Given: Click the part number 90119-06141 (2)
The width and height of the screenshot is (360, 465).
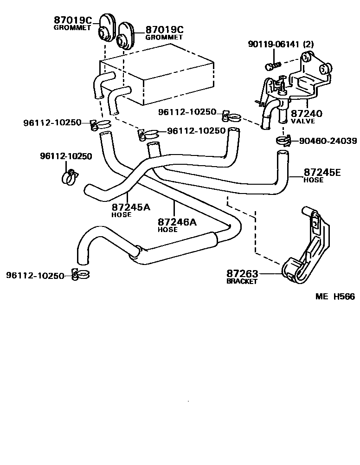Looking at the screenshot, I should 281,45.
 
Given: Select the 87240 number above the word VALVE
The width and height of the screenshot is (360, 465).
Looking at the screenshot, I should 306,113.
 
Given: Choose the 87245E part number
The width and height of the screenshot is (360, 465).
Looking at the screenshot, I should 322,173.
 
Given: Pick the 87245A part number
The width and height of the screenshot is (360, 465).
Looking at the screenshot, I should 130,207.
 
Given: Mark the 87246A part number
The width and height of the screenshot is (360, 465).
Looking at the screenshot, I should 177,222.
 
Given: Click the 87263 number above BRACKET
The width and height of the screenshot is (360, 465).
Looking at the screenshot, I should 242,274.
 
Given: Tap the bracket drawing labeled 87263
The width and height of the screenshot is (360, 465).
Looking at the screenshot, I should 309,251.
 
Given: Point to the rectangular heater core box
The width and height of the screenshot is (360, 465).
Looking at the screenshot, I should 158,79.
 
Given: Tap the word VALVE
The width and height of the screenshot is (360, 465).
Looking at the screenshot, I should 302,121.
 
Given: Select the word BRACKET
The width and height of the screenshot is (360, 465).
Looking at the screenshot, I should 242,282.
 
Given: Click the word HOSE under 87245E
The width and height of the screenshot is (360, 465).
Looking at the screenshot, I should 313,180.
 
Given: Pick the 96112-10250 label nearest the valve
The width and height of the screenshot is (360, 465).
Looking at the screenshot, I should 187,112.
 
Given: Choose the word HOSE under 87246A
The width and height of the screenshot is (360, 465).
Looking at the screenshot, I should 167,230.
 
